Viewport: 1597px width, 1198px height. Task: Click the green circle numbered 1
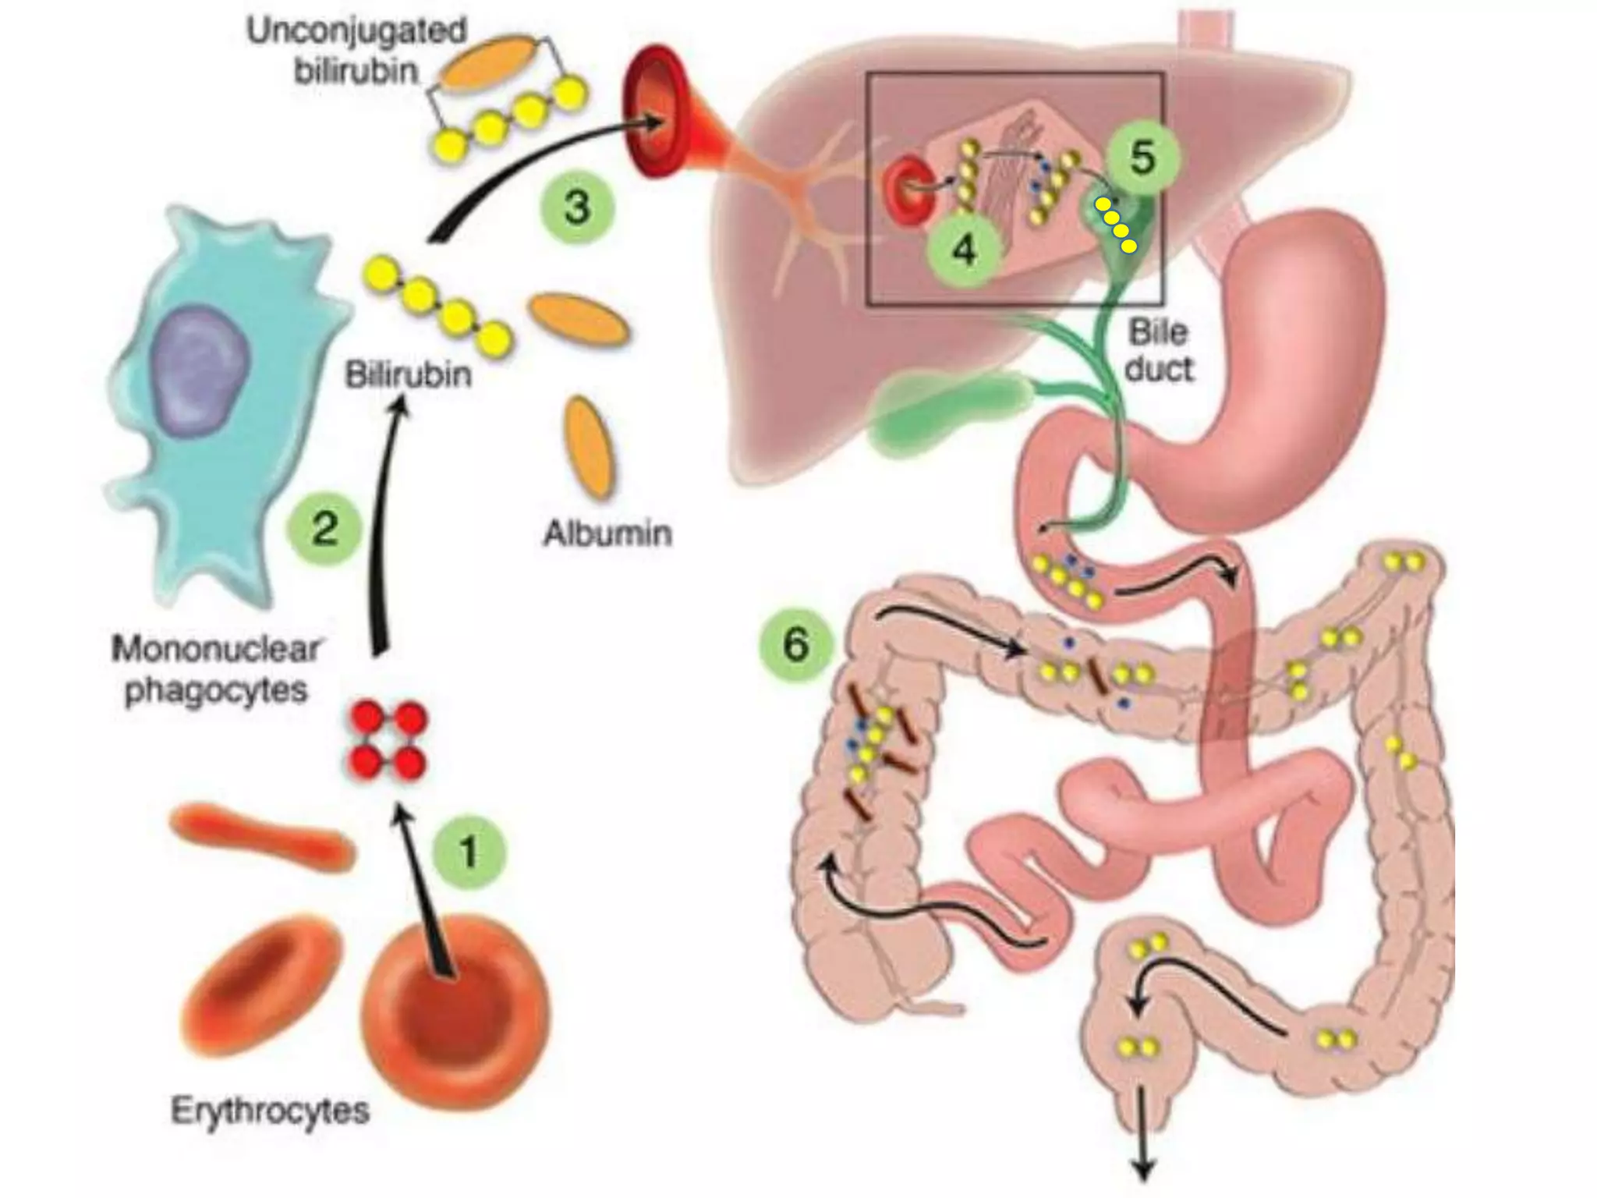tap(469, 851)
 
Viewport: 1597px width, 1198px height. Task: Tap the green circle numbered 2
tap(324, 530)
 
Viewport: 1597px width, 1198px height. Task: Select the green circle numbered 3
tap(577, 207)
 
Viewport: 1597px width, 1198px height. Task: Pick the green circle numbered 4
tap(965, 250)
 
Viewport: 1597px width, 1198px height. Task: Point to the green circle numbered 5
tap(1142, 158)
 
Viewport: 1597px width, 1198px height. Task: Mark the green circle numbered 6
tap(795, 644)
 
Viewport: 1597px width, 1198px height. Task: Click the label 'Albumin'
tap(607, 534)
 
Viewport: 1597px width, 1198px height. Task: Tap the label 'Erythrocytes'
tap(269, 1110)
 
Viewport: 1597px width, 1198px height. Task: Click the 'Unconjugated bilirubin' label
tap(356, 51)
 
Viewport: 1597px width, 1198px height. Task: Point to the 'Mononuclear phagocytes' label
tap(216, 670)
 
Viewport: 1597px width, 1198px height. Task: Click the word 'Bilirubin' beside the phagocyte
tap(408, 375)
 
